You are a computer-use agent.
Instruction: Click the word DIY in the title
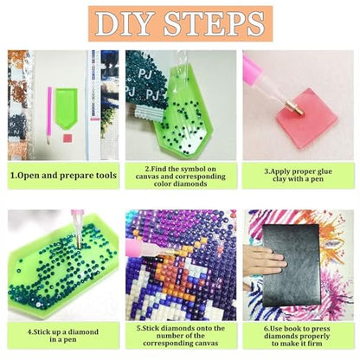(x=127, y=23)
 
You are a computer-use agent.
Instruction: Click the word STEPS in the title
(x=214, y=23)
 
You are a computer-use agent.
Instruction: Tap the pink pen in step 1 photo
(x=49, y=115)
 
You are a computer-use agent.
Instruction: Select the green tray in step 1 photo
(x=66, y=108)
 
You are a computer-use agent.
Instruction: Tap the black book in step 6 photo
(x=292, y=265)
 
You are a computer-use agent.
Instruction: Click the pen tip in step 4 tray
(x=79, y=241)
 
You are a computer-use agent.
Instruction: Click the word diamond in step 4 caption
(x=83, y=332)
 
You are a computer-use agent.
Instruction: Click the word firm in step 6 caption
(x=314, y=344)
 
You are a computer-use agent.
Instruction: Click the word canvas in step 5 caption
(x=207, y=344)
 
